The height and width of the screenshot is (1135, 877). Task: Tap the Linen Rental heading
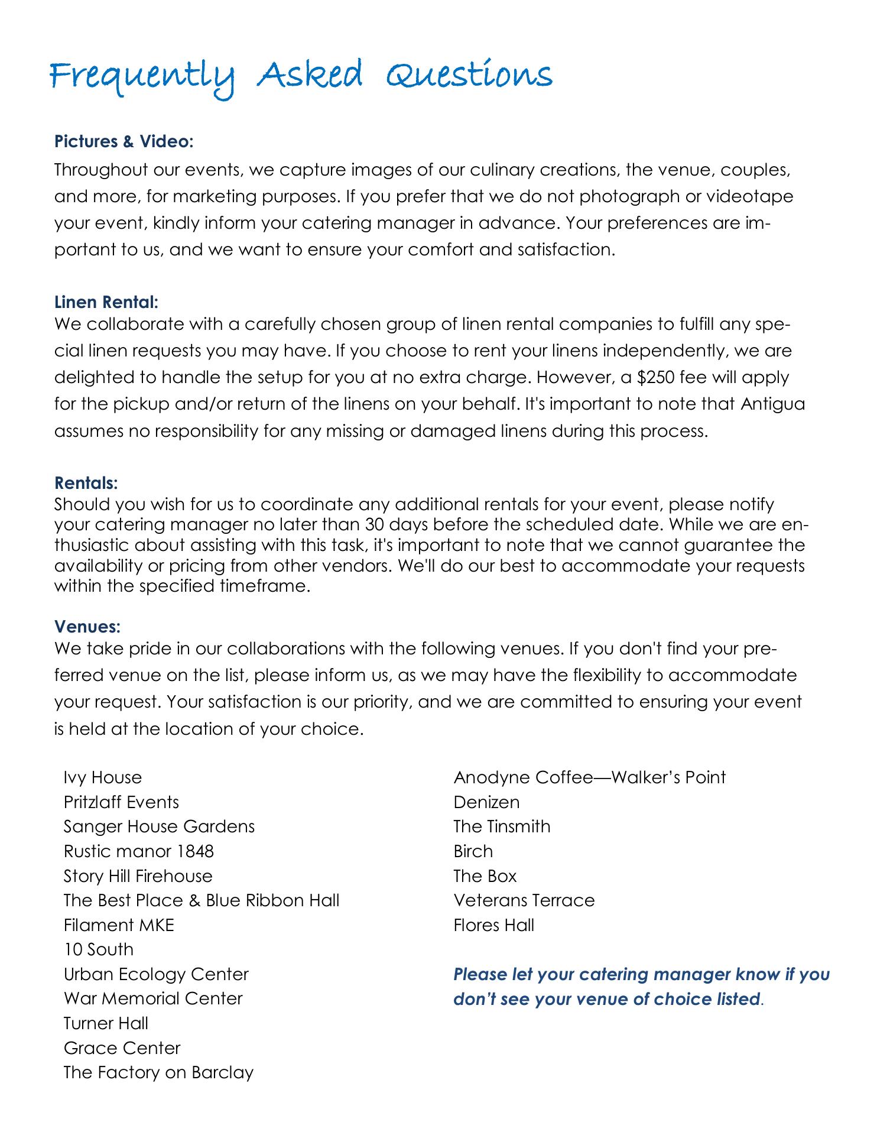106,303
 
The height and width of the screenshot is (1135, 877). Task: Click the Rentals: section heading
86,483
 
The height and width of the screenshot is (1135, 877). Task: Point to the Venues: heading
87,625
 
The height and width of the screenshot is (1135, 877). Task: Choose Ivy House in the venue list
102,777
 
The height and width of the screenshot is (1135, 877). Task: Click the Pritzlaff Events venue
121,802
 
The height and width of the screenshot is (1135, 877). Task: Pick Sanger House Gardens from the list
159,826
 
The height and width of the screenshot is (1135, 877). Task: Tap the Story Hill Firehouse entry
138,875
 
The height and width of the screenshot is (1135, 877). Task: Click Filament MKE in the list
119,925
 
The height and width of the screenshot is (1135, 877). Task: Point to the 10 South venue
98,949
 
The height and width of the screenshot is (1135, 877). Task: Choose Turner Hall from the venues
106,1023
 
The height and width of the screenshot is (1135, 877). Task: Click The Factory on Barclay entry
158,1072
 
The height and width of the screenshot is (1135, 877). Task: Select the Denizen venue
486,802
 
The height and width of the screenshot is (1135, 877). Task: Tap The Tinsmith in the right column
502,826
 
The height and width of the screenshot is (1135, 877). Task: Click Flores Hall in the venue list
493,925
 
